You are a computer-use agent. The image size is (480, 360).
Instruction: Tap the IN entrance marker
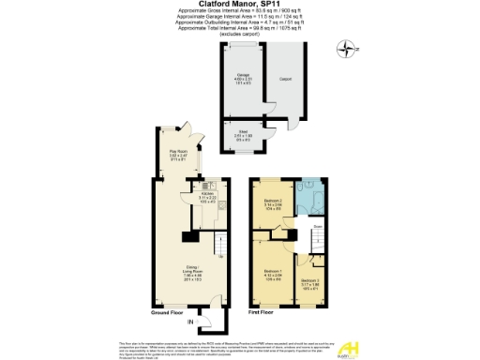point(190,322)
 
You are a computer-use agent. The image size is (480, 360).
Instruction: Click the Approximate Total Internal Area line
point(240,27)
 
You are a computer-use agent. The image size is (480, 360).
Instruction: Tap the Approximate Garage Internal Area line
point(240,16)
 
